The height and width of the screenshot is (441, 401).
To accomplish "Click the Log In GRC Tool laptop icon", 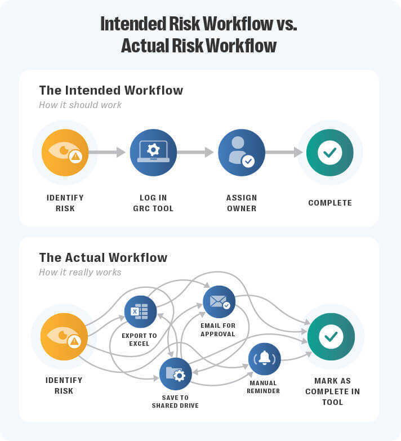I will coord(153,153).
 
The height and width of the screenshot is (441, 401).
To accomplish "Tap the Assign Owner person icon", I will coord(242,153).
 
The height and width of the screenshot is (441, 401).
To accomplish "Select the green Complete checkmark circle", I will coord(329,153).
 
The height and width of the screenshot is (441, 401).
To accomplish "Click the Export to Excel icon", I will coord(140,311).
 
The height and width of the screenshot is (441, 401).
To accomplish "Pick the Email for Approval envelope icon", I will coord(219,302).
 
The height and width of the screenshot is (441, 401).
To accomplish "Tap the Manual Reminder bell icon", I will coord(264,359).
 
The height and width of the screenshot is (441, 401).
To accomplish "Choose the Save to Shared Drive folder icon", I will coord(175,374).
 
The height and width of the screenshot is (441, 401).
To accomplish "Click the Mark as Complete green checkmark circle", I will coord(331,337).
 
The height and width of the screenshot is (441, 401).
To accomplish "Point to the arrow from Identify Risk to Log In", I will coord(107,152).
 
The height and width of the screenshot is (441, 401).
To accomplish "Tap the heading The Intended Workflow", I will coord(111,90).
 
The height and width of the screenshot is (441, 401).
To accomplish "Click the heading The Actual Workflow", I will coord(103,258).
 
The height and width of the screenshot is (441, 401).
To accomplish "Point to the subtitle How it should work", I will coord(80,105).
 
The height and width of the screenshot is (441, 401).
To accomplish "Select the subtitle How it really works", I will coord(80,273).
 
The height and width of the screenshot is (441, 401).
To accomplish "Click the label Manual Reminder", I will coord(264,387).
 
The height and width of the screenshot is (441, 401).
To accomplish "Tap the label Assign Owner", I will coord(242,203).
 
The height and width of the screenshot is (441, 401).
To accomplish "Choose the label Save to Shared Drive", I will coord(175,401).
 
